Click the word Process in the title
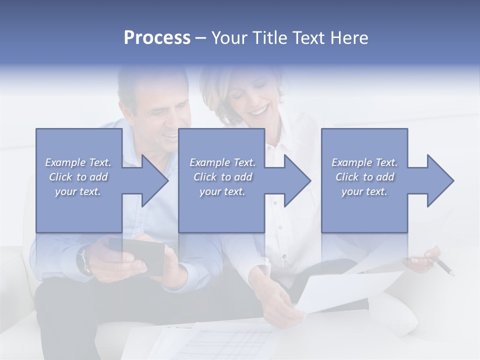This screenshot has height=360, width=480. click(157, 38)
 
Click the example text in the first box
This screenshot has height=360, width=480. click(78, 177)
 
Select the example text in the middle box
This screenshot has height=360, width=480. click(222, 177)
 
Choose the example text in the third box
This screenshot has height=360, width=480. click(364, 177)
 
